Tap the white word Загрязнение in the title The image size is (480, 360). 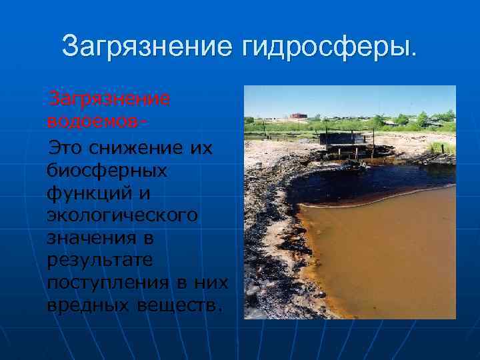click(143, 46)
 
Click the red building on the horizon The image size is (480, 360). click(299, 117)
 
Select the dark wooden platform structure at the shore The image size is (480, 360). click(344, 141)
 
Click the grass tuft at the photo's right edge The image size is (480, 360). click(443, 147)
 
